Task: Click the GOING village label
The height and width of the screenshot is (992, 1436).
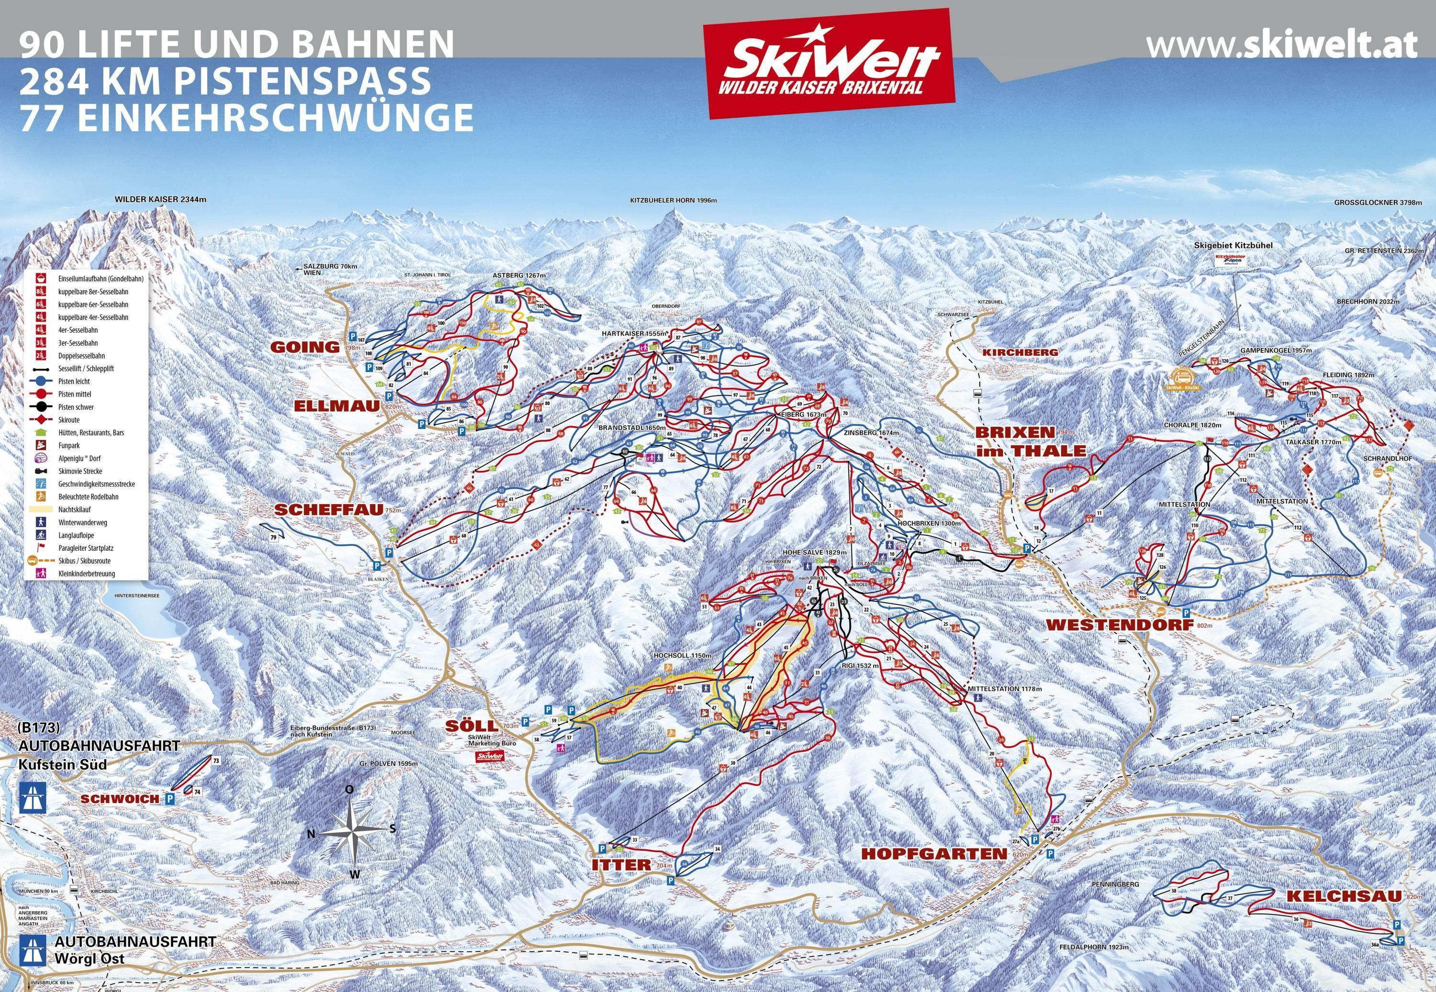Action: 305,347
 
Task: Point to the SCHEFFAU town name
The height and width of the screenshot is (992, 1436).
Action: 328,509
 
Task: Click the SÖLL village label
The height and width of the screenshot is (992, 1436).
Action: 471,726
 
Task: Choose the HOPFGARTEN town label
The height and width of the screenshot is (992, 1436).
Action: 933,853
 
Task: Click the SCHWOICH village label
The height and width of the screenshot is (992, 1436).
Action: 120,799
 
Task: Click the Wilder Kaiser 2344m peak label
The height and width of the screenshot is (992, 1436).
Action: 160,199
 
